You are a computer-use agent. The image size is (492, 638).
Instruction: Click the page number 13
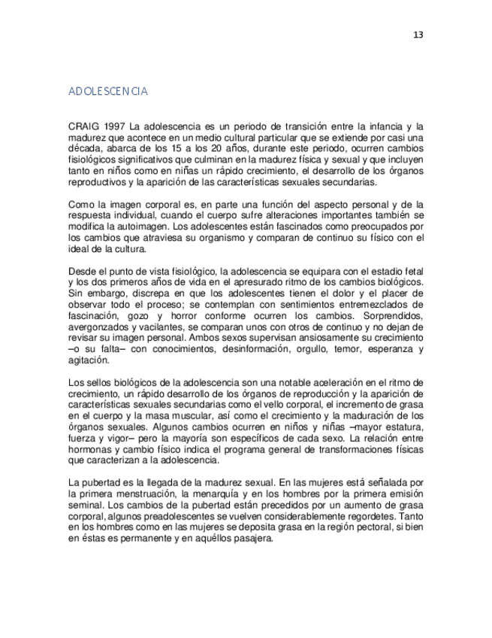click(418, 35)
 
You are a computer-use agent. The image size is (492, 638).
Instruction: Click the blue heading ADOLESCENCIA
click(107, 92)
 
